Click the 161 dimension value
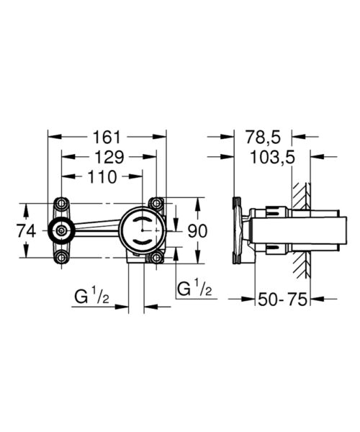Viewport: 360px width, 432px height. [x=107, y=137]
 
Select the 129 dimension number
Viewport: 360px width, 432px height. [x=109, y=157]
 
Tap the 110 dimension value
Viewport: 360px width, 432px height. [x=102, y=177]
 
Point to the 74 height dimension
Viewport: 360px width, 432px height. [x=27, y=230]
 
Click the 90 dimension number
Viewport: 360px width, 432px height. [x=197, y=231]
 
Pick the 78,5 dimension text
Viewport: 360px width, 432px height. [x=263, y=137]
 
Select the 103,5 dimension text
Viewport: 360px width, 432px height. [x=272, y=158]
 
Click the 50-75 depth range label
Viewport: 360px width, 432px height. [x=282, y=300]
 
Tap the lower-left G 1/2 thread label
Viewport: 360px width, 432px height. [x=91, y=297]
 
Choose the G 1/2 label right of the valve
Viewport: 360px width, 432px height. [x=194, y=288]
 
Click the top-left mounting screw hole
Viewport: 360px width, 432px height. [x=62, y=204]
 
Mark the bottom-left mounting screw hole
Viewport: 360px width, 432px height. [x=62, y=258]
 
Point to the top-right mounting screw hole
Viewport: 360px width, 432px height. [x=156, y=204]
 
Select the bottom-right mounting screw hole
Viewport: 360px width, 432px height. [x=156, y=258]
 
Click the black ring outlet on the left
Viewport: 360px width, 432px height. [x=53, y=230]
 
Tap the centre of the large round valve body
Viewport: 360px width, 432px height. [x=143, y=230]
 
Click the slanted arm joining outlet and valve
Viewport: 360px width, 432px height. [x=97, y=226]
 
